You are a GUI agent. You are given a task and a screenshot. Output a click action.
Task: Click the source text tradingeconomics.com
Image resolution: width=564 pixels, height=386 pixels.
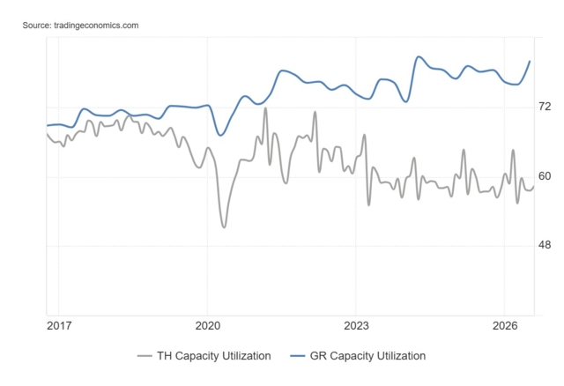96,26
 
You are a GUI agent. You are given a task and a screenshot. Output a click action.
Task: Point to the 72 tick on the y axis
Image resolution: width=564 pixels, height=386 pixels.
545,107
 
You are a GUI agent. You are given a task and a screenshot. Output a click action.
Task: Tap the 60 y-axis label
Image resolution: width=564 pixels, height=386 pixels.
545,176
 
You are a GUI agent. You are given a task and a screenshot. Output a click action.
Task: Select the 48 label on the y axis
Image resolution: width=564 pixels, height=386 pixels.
545,245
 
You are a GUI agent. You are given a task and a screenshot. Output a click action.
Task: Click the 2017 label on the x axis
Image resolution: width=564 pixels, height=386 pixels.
59,326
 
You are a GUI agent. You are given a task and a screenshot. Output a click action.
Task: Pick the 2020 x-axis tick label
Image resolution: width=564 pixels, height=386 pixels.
208,326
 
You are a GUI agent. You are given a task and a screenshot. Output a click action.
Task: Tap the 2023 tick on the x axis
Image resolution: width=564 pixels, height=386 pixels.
356,326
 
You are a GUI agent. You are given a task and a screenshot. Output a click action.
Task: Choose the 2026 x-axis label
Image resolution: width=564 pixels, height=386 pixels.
505,326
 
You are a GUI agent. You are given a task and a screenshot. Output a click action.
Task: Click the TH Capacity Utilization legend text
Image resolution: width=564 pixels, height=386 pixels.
213,356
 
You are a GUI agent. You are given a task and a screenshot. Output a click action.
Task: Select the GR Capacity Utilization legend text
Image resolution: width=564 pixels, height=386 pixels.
367,356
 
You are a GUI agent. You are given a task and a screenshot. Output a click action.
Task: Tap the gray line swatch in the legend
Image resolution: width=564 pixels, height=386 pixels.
145,356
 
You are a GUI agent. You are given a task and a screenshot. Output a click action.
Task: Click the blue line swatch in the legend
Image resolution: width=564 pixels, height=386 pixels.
298,356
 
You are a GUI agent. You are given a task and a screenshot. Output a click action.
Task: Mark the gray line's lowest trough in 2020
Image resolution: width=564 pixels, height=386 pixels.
224,227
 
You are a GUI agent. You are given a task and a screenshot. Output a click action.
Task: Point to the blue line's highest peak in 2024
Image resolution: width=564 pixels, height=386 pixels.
418,56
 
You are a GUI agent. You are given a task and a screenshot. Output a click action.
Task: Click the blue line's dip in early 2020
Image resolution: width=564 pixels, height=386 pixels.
220,135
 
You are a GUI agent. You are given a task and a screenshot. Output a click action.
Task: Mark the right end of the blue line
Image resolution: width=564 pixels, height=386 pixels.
530,61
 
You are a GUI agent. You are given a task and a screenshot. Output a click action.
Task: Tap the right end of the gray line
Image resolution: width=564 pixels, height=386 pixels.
534,186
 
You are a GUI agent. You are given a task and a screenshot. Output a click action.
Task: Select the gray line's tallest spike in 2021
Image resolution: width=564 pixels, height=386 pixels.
265,108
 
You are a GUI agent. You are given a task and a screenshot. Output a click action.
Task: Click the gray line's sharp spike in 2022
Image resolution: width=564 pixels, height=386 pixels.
315,112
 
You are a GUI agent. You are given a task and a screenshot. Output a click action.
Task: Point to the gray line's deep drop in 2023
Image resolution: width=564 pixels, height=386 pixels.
368,205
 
